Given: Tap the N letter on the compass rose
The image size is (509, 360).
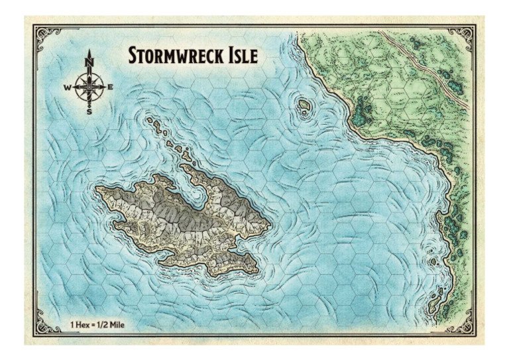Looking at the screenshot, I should [89, 63].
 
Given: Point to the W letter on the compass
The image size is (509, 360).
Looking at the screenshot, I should [68, 88].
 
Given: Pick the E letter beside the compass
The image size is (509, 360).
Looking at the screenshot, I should [110, 88].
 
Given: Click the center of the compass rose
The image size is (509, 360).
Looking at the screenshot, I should [89, 88].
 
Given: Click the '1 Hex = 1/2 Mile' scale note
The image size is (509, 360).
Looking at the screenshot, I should [97, 325].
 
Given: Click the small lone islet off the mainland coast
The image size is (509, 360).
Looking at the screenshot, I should [305, 106].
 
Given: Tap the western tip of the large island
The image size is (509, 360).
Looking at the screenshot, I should [99, 190].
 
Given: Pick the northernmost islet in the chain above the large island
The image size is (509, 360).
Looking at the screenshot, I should [151, 121].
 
